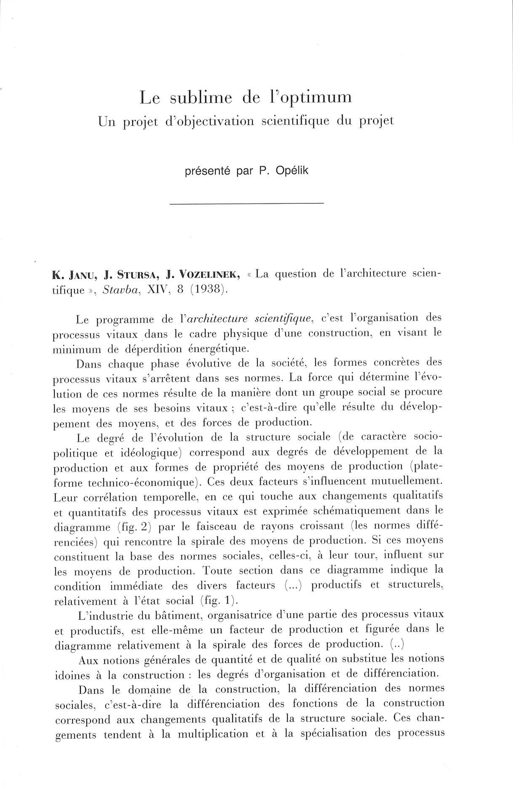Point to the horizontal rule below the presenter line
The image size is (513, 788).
coord(246,204)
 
